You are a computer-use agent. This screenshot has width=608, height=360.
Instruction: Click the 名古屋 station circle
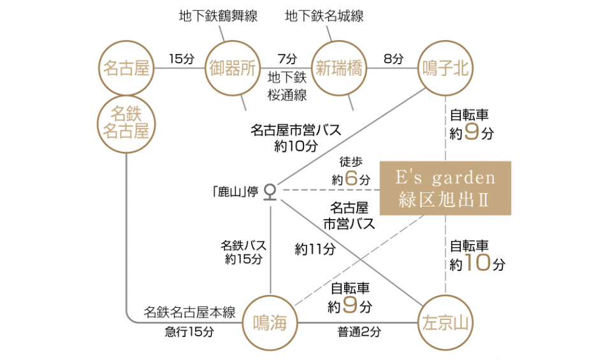126,68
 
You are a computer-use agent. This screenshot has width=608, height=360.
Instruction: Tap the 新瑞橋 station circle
339,68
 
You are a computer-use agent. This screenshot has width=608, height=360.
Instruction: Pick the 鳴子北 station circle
445,68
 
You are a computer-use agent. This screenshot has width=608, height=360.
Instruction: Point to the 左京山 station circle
445,323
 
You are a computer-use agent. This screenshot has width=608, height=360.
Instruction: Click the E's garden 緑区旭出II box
445,188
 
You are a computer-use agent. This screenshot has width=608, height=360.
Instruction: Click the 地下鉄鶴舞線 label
218,16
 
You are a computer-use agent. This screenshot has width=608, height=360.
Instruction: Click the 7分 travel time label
287,59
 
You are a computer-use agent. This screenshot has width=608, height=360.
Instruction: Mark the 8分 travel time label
393,59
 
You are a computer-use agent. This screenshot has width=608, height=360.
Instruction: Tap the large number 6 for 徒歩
352,179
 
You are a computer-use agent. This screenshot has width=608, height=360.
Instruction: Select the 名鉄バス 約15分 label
243,252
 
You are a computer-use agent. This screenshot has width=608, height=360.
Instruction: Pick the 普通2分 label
359,331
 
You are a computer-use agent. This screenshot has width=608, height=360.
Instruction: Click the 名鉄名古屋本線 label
189,313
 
